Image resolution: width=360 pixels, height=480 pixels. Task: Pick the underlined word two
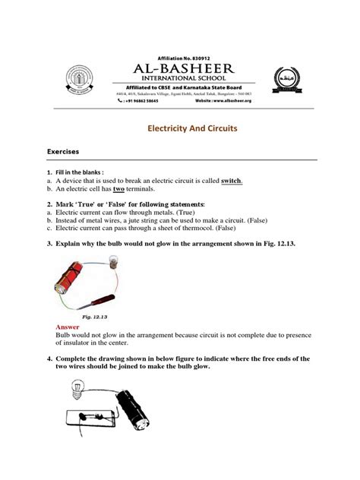point(118,191)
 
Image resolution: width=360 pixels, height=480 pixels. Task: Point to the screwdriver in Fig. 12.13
point(99,293)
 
